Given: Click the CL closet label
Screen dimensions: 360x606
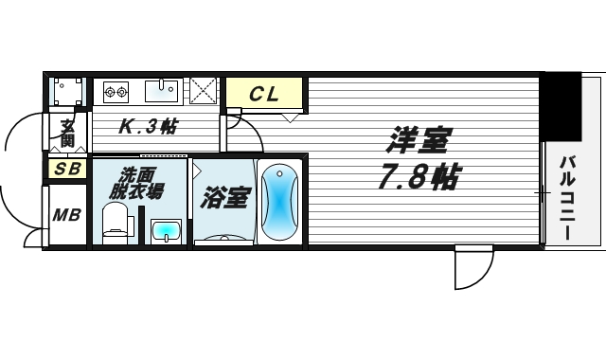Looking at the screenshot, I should click(x=264, y=94).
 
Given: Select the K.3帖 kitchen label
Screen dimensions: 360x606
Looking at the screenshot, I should click(x=147, y=126).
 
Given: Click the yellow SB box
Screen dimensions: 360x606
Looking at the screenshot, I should click(x=67, y=170).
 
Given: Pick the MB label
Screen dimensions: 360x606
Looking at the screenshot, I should click(x=66, y=214).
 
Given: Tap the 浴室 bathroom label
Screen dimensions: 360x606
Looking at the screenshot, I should click(x=225, y=198).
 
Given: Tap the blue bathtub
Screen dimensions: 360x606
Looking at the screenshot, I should click(x=279, y=202).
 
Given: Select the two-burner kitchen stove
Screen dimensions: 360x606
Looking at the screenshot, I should click(x=116, y=92).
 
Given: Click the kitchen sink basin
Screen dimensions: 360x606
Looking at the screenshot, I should click(x=162, y=91).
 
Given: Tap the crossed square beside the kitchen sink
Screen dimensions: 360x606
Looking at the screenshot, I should click(x=203, y=92).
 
